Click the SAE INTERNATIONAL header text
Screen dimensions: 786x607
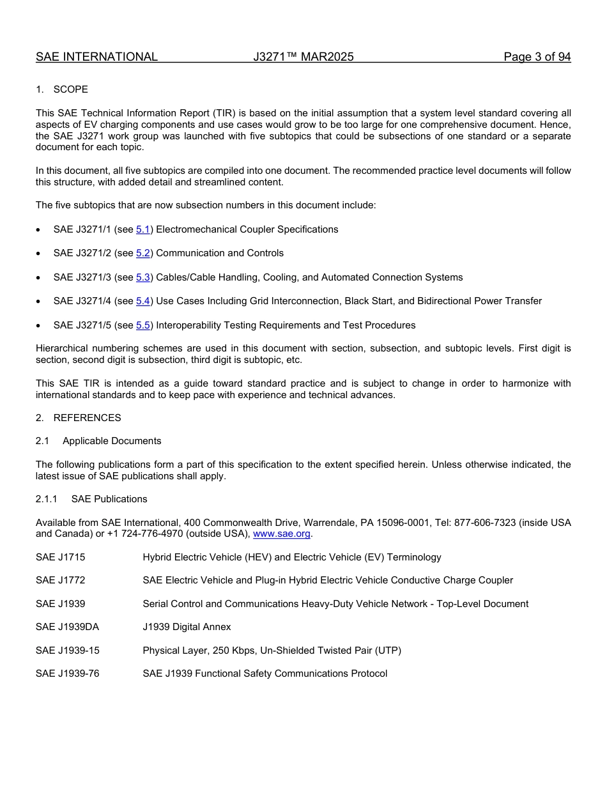point(96,57)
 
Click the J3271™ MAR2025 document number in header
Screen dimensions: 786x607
point(303,57)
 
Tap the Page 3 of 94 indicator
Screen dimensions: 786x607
point(537,57)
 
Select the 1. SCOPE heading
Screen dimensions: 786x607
point(62,89)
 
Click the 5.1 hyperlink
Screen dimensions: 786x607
point(143,229)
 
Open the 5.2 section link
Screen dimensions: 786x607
point(143,253)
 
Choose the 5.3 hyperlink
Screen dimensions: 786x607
point(143,277)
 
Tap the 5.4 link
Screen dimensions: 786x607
point(143,301)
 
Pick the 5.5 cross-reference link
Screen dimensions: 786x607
point(143,325)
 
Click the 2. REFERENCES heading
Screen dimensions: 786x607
point(79,418)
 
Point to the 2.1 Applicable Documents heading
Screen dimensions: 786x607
point(99,441)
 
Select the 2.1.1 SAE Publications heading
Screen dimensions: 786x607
point(91,499)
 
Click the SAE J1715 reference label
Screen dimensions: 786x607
point(60,557)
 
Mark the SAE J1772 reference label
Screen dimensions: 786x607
point(60,580)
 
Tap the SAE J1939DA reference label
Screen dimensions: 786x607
point(67,627)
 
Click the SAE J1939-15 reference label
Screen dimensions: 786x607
point(67,651)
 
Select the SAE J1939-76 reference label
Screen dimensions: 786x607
point(67,674)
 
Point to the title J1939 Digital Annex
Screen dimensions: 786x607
point(187,627)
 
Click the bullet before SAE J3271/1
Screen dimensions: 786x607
point(40,230)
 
